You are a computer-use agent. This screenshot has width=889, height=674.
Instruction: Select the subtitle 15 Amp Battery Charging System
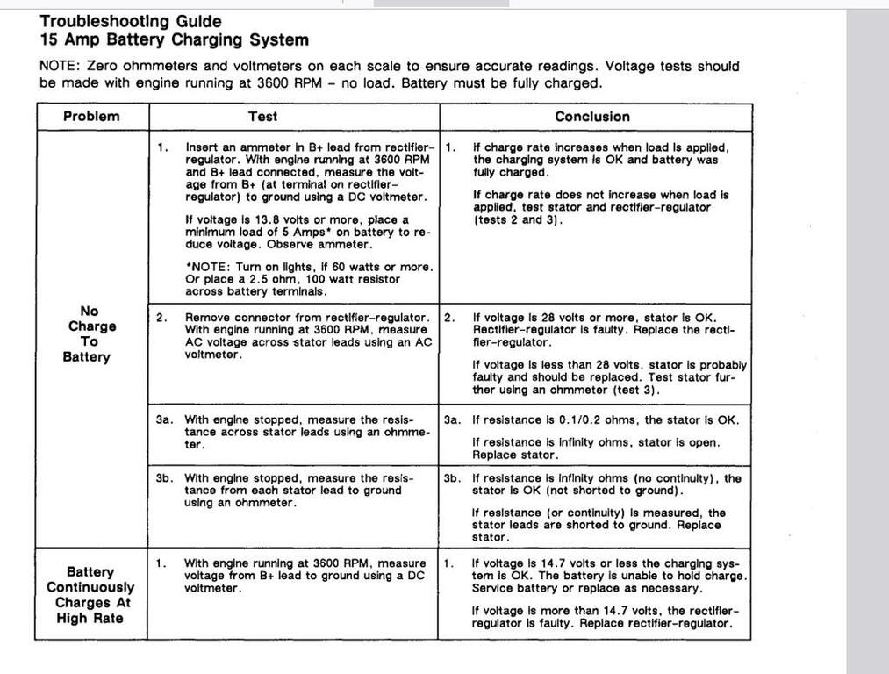coord(174,40)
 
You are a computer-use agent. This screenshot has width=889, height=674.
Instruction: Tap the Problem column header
coord(91,117)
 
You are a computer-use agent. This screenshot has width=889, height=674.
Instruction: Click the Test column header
coord(262,117)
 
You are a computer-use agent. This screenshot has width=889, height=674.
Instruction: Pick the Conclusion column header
coord(591,117)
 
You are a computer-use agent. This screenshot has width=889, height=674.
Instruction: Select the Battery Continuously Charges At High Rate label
coord(90,595)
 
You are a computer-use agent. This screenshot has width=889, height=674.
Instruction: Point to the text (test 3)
coord(627,390)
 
